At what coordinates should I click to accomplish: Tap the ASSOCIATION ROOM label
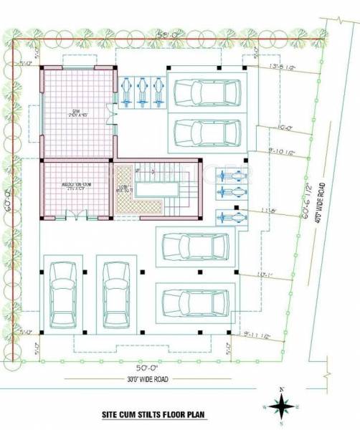click(x=76, y=185)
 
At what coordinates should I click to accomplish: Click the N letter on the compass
click(x=283, y=389)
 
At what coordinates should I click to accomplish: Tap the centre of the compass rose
click(x=283, y=406)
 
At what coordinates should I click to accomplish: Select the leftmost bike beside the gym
click(x=128, y=92)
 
